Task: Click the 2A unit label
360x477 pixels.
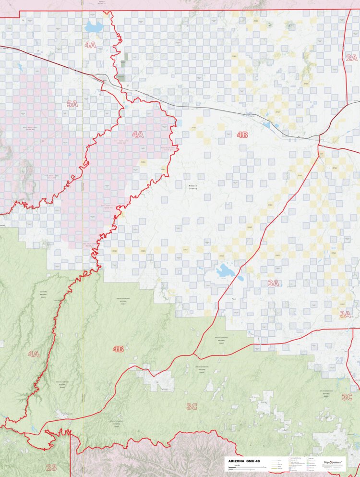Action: [351, 58]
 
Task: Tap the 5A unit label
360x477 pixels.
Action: [72, 104]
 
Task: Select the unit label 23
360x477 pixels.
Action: [51, 467]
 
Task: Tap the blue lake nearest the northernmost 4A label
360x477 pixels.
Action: [94, 26]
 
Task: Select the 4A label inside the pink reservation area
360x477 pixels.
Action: [138, 135]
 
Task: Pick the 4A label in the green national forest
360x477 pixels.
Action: [33, 354]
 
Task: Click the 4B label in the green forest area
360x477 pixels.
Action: [118, 349]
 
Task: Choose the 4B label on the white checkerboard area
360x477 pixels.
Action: [242, 135]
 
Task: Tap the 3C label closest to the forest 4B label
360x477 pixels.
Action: [192, 406]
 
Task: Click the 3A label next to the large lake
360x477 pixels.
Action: [273, 283]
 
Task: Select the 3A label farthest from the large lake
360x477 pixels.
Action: [345, 315]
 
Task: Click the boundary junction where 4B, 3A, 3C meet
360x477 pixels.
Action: [194, 355]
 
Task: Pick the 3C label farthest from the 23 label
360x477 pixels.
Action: [347, 397]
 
